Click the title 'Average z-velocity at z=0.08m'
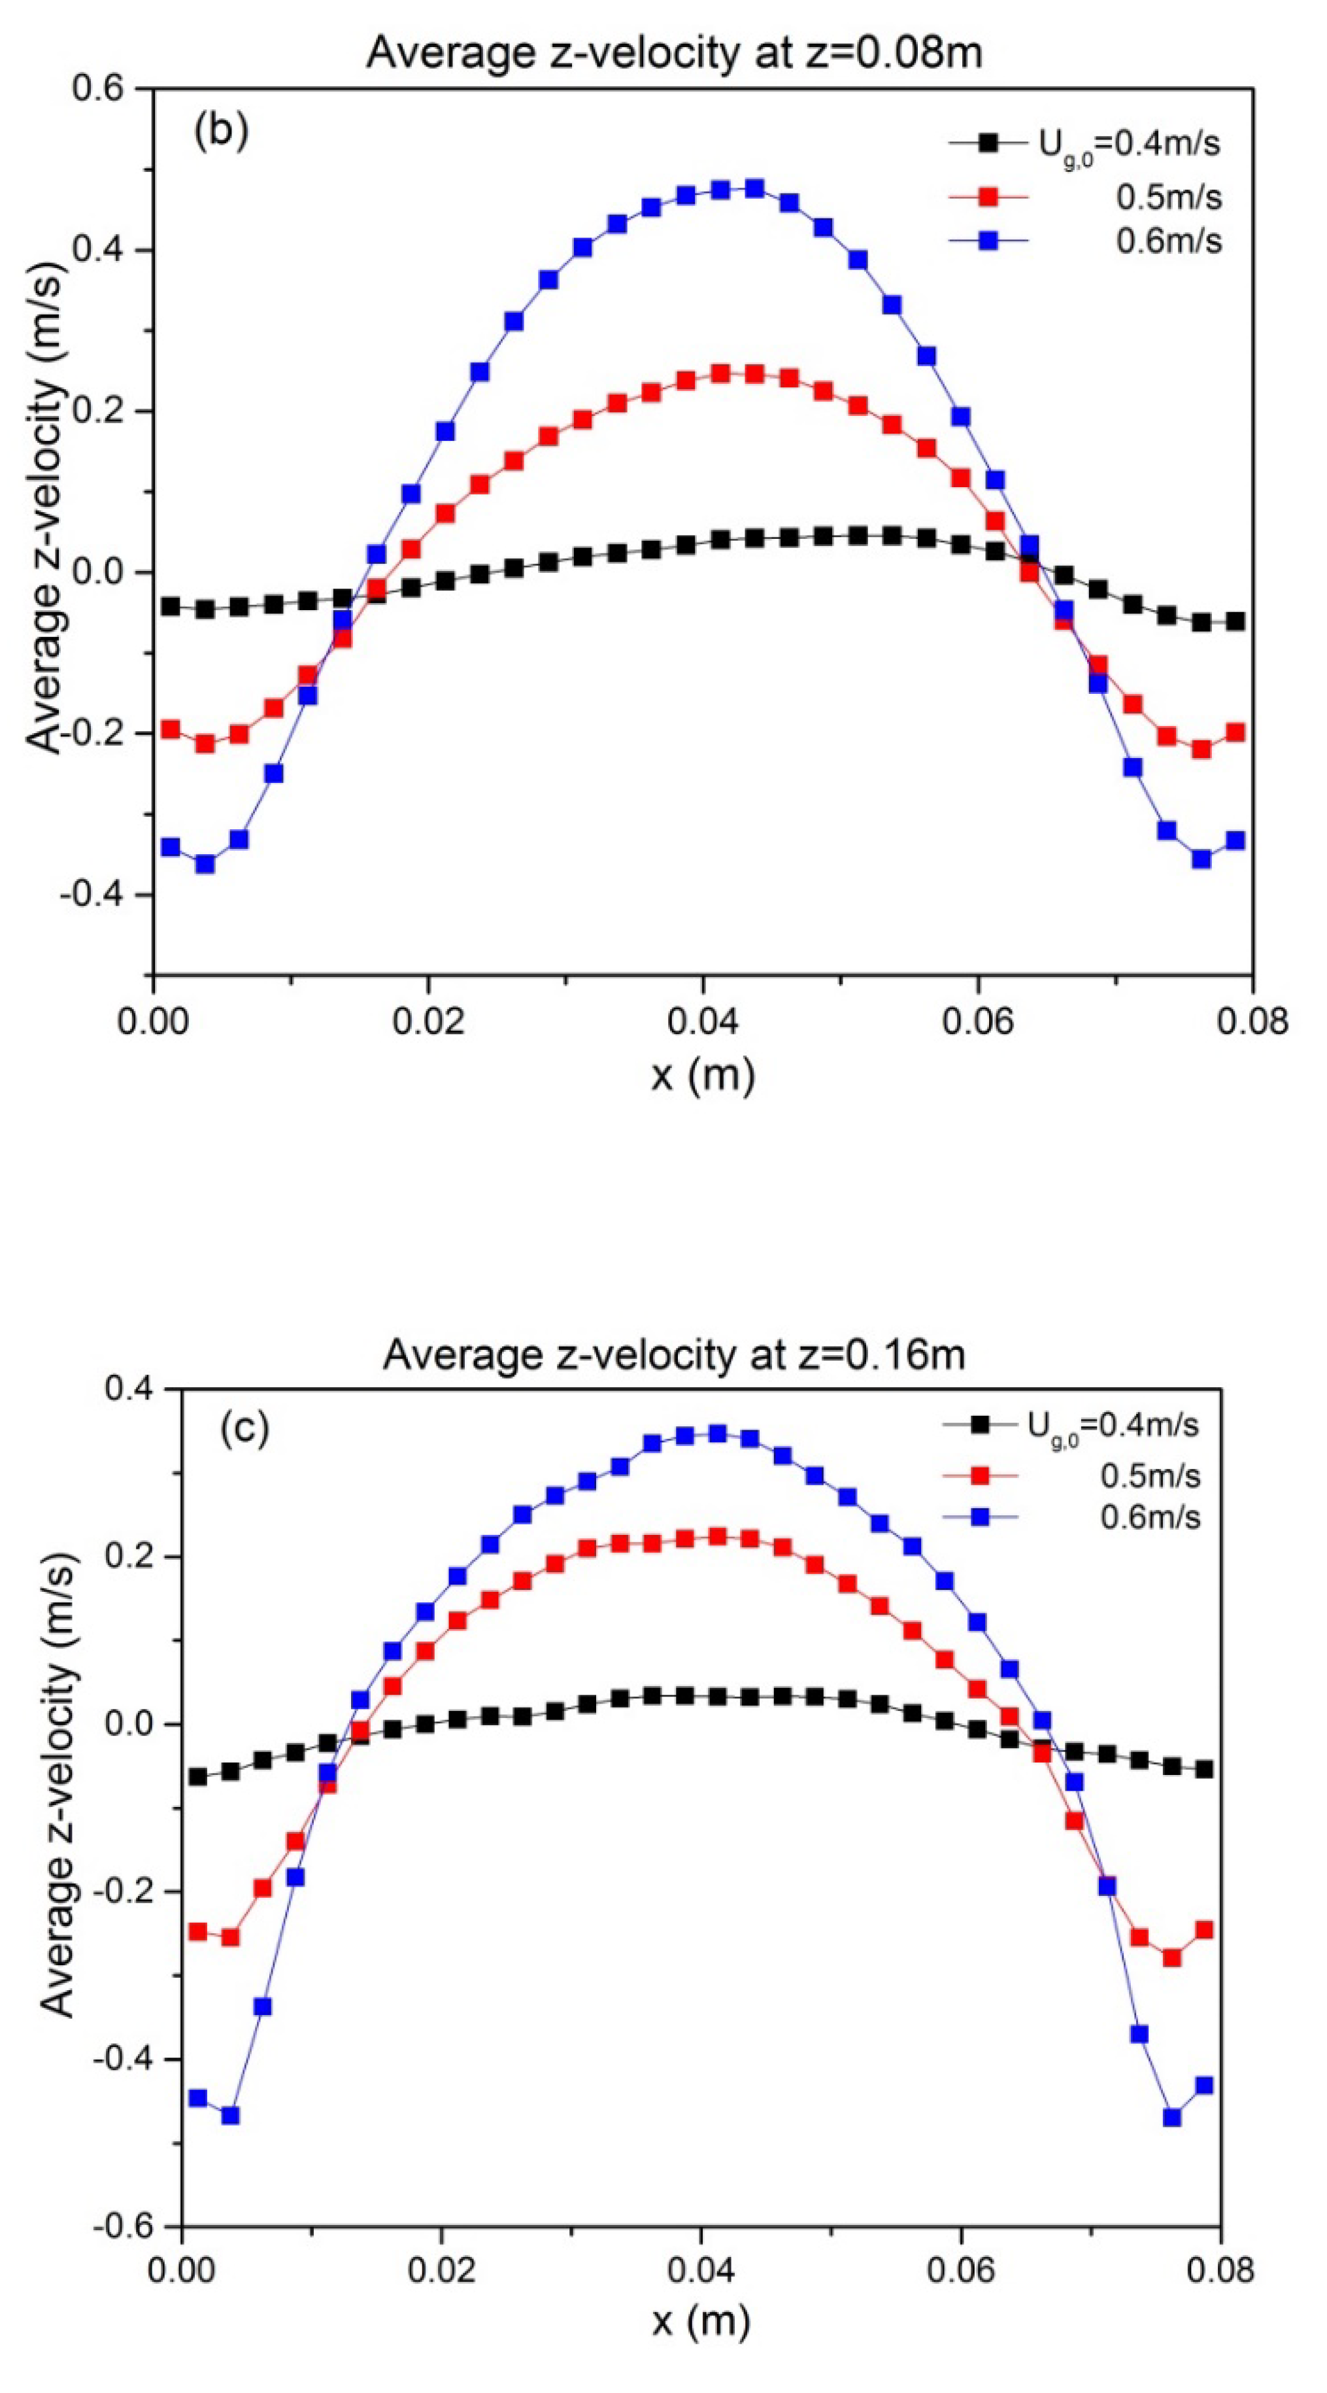(x=673, y=53)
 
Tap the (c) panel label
(x=244, y=1429)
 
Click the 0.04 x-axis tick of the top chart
(x=703, y=1021)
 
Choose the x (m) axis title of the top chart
(x=703, y=1075)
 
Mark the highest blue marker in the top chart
(x=754, y=188)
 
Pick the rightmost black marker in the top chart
(x=1234, y=621)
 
